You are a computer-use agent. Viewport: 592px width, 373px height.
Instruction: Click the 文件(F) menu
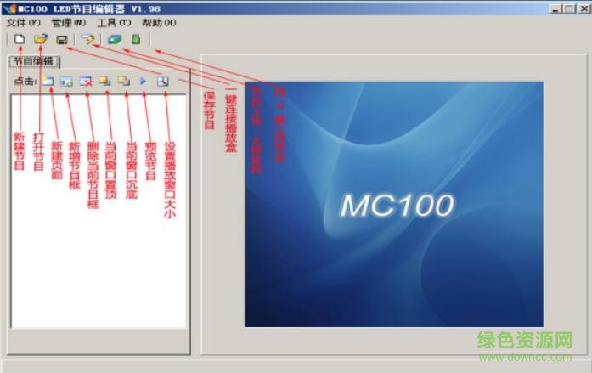(x=23, y=23)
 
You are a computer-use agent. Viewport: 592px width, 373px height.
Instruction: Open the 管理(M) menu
(x=68, y=23)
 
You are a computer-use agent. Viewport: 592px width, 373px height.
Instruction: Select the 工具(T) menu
(x=114, y=23)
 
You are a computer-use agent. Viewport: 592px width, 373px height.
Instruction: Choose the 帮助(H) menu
(x=159, y=23)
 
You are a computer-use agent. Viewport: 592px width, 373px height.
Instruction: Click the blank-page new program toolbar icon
(x=19, y=39)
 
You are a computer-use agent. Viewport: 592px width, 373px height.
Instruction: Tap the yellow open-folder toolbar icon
(x=40, y=39)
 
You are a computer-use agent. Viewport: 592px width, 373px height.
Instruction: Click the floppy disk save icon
(x=61, y=39)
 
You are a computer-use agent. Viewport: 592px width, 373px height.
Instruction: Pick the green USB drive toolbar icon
(x=135, y=39)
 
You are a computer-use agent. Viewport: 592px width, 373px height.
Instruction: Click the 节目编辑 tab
(x=33, y=61)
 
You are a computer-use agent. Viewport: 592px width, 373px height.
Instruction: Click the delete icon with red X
(x=86, y=82)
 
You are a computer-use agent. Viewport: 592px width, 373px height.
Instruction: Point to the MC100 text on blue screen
(x=397, y=205)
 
